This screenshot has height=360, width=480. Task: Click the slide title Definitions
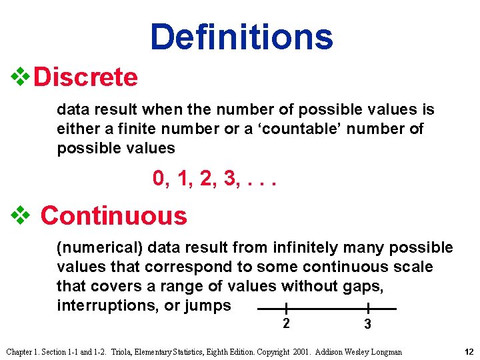[x=241, y=37]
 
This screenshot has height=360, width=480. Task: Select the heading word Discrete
[x=85, y=77]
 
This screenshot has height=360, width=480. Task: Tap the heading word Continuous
[x=114, y=215]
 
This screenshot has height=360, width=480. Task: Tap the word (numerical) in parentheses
[x=99, y=248]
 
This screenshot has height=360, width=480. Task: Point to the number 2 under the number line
[x=285, y=324]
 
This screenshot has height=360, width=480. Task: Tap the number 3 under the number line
[x=367, y=325]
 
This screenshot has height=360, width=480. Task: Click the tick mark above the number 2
[x=285, y=309]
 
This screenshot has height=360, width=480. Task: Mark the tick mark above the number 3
[x=368, y=309]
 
